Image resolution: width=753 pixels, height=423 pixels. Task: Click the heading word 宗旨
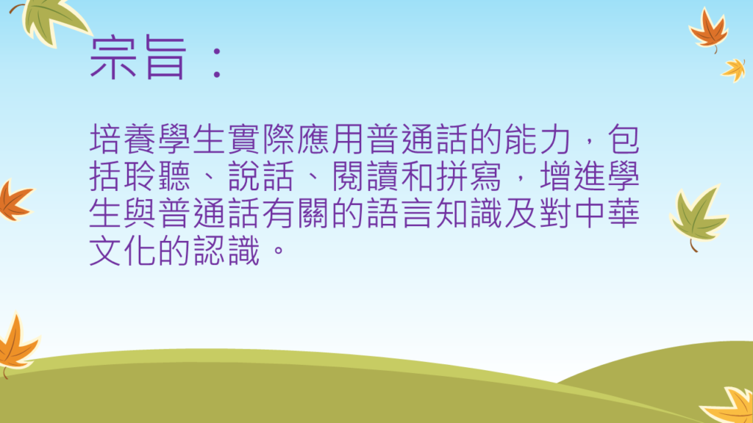[138, 57]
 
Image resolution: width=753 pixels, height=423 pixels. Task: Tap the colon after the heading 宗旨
[217, 62]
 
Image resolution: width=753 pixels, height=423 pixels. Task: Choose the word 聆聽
[157, 176]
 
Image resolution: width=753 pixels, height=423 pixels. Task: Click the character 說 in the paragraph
[243, 176]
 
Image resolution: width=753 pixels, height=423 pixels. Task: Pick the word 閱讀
[366, 176]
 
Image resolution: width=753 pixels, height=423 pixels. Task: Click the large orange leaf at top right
[709, 29]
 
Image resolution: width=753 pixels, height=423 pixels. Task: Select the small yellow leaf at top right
[735, 70]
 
